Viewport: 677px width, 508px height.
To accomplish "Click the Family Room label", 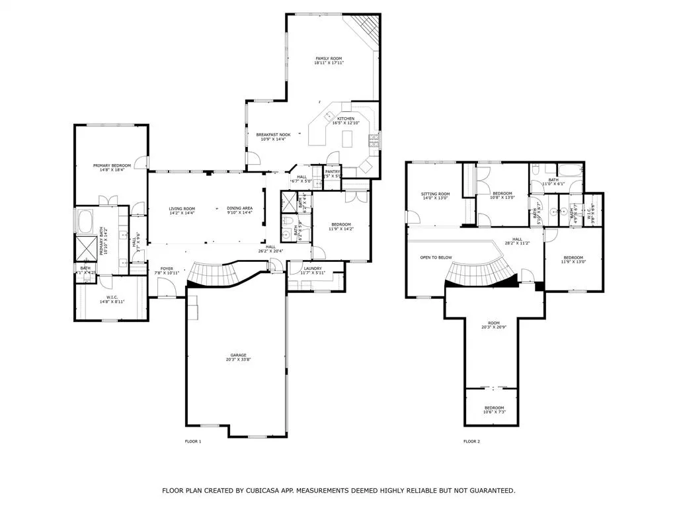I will [x=329, y=59].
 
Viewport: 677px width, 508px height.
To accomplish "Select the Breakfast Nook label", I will [x=273, y=134].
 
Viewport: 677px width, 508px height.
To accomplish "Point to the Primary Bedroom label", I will [x=111, y=165].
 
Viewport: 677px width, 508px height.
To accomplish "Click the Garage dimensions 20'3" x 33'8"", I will [x=239, y=360].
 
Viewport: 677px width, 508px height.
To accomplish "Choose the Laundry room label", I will [x=313, y=268].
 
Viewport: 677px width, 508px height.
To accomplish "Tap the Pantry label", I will [x=332, y=171].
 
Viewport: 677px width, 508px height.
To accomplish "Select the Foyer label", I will [x=167, y=269].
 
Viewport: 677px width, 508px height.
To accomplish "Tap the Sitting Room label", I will [x=435, y=194].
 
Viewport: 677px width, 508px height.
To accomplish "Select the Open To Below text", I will [x=436, y=257].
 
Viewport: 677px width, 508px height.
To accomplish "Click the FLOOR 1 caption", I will [x=192, y=441].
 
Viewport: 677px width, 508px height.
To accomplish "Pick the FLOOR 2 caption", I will [x=471, y=441].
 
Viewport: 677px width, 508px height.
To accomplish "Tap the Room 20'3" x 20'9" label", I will [x=494, y=322].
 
